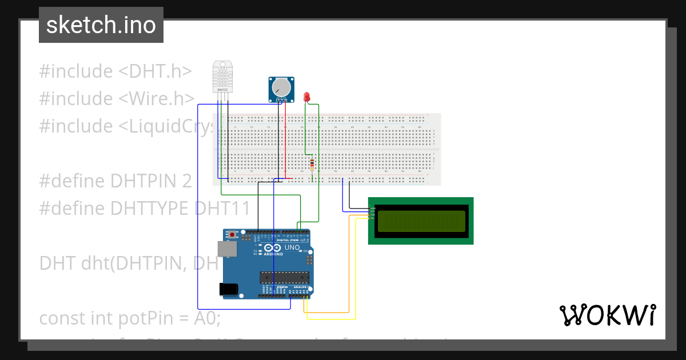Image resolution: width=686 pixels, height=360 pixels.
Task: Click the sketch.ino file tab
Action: point(101,25)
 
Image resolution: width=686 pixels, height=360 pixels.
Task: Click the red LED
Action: point(307,97)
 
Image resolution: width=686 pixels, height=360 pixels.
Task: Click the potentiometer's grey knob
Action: point(281,87)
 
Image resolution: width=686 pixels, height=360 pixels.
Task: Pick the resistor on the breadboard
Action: point(312,165)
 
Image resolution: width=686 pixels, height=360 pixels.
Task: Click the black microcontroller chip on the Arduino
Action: point(284,278)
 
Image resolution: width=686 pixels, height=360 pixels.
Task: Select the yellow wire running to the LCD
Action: point(356,274)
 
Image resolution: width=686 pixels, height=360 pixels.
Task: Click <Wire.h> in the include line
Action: point(157,99)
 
